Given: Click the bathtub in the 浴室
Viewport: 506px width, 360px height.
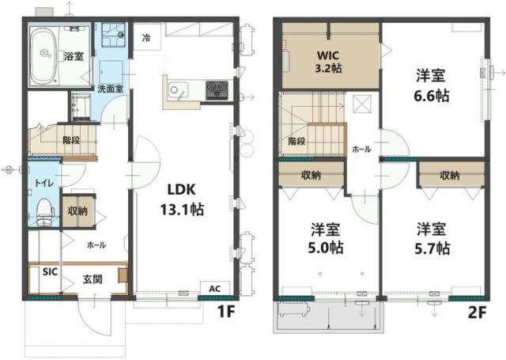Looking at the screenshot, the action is coord(44,55).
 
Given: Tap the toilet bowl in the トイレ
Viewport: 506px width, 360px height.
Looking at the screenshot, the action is coord(44,211).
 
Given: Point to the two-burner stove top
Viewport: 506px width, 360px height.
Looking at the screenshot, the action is coord(217,88).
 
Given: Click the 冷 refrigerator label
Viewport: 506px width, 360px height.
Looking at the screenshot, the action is coord(146,39).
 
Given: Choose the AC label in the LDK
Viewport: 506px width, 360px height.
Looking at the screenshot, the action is coord(215,289).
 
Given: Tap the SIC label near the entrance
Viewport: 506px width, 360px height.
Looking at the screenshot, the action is coord(50,272).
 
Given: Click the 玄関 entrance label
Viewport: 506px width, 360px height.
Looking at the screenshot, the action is coord(93,279).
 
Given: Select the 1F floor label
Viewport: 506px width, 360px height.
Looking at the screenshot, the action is coord(225,313).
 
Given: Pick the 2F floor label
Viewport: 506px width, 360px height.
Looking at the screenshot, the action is coord(477,313).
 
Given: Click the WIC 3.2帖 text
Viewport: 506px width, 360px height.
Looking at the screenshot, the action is coord(328,62).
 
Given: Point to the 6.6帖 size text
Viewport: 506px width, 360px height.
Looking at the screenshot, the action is coord(431,96).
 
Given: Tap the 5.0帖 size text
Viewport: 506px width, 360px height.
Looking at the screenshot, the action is coord(325,248).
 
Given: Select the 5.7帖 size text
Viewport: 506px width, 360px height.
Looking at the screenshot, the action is coord(432,248).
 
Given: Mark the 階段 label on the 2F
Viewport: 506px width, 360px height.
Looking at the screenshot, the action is coord(296,141).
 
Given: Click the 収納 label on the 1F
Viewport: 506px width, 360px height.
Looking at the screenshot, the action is coord(77,211).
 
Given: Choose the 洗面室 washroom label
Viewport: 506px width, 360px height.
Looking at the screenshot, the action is coord(111,89).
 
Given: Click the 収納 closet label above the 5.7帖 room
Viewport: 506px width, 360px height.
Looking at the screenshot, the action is coord(450,176).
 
